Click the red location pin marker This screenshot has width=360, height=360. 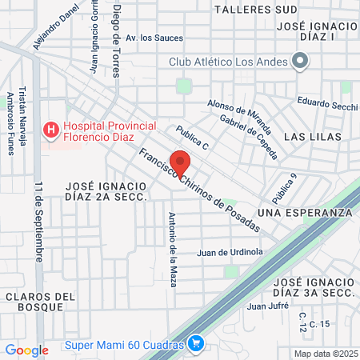pos(180,162)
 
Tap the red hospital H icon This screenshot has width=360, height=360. pos(51,127)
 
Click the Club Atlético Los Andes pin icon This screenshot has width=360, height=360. pos(301,60)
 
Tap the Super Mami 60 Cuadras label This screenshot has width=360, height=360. pos(123,345)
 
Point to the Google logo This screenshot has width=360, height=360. pos(26,350)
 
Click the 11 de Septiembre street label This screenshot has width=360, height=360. pos(38,220)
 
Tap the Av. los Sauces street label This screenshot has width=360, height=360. pos(154,38)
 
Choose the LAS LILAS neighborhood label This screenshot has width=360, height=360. pos(318,137)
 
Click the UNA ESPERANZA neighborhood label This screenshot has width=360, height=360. pos(305,212)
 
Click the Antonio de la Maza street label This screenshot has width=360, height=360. pos(171,238)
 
